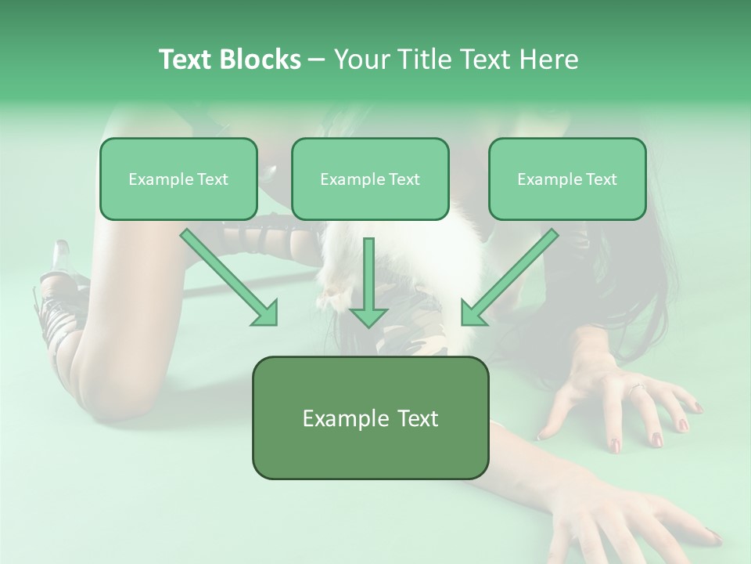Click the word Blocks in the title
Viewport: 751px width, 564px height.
click(x=262, y=60)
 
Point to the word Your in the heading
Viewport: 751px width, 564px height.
click(x=360, y=60)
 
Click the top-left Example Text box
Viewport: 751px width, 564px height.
click(x=178, y=179)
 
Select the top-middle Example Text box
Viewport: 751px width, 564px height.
click(x=370, y=179)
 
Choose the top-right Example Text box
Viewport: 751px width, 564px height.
click(x=567, y=179)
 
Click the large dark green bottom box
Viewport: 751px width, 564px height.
click(x=370, y=418)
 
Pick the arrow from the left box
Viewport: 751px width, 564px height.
click(x=227, y=276)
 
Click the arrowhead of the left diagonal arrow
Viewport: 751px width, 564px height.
click(x=266, y=313)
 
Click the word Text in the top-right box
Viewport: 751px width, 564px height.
click(x=601, y=179)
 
